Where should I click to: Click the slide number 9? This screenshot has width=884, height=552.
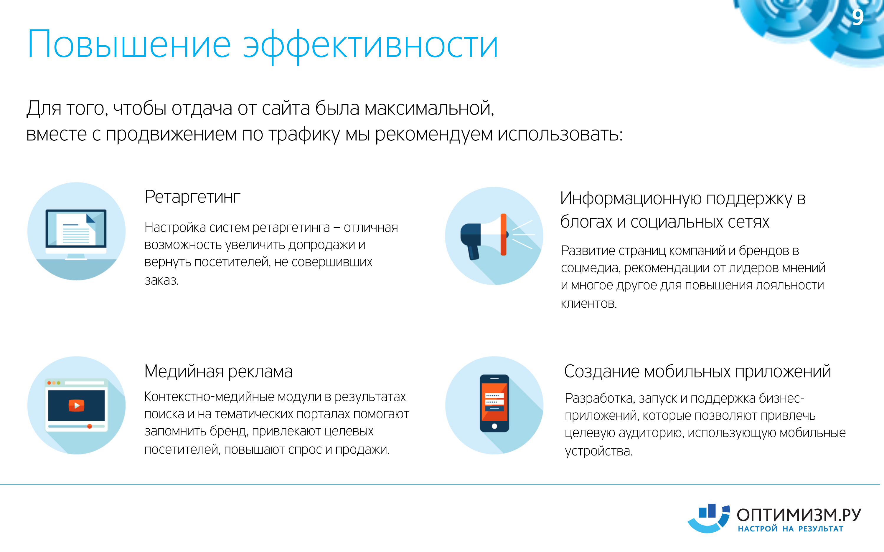coord(858,17)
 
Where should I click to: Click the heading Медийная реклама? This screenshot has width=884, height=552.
coord(218,372)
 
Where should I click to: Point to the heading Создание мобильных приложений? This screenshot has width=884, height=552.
coord(697,372)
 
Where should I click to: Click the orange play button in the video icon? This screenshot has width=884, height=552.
coord(76,405)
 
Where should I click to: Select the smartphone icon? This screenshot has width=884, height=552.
coord(494,403)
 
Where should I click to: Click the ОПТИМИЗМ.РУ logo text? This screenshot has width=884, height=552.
coord(799,515)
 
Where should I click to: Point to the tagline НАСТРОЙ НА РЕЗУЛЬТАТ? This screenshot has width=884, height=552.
coord(791,529)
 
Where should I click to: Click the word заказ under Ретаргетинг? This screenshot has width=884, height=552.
coord(161,280)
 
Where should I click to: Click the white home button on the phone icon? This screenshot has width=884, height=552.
coord(494,426)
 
